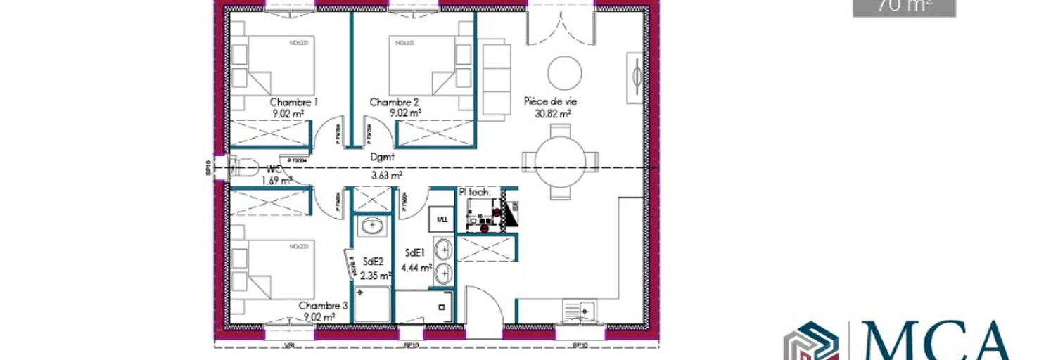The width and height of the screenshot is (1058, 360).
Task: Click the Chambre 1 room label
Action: pyautogui.click(x=293, y=102)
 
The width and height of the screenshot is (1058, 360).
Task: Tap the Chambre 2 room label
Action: pyautogui.click(x=395, y=102)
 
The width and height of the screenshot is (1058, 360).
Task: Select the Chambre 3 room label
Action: pyautogui.click(x=323, y=306)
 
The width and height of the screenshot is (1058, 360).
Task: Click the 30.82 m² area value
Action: pyautogui.click(x=552, y=112)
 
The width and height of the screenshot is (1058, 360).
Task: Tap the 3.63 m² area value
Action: pyautogui.click(x=387, y=176)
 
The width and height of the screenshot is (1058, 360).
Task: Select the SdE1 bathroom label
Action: pyautogui.click(x=415, y=252)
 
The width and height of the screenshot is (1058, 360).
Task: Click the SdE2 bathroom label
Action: pyautogui.click(x=373, y=262)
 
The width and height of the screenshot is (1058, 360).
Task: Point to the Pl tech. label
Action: pyautogui.click(x=474, y=192)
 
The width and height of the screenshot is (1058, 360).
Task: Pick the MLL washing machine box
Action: pyautogui.click(x=442, y=219)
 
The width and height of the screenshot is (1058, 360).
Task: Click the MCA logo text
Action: pyautogui.click(x=936, y=341)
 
